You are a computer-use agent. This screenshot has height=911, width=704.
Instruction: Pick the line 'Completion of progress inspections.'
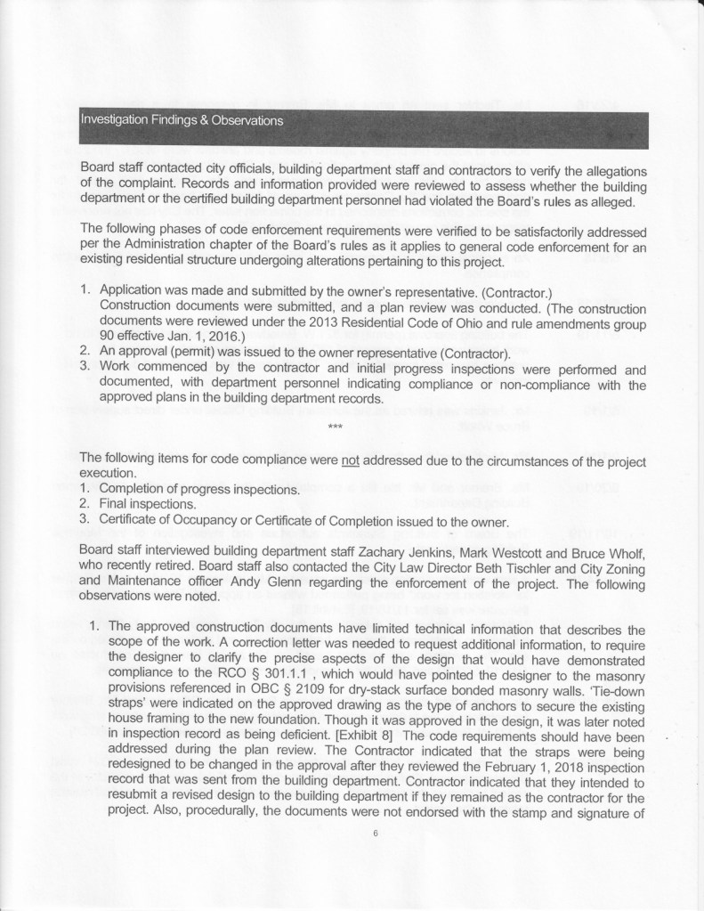point(195,488)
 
